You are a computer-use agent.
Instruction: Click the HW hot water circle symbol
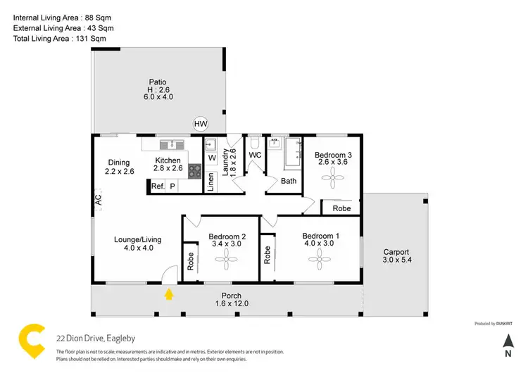pos(201,125)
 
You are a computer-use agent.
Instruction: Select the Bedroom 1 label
pos(320,236)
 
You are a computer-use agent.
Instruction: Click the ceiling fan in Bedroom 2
pos(227,262)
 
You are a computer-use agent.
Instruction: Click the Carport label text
pos(396,252)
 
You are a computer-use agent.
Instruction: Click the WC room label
pos(255,154)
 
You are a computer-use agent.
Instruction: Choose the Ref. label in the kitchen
pos(158,186)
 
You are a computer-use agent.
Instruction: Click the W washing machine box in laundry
pos(211,158)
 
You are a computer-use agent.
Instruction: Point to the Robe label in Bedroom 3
pos(341,208)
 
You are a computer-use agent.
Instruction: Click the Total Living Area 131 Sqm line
pos(60,40)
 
